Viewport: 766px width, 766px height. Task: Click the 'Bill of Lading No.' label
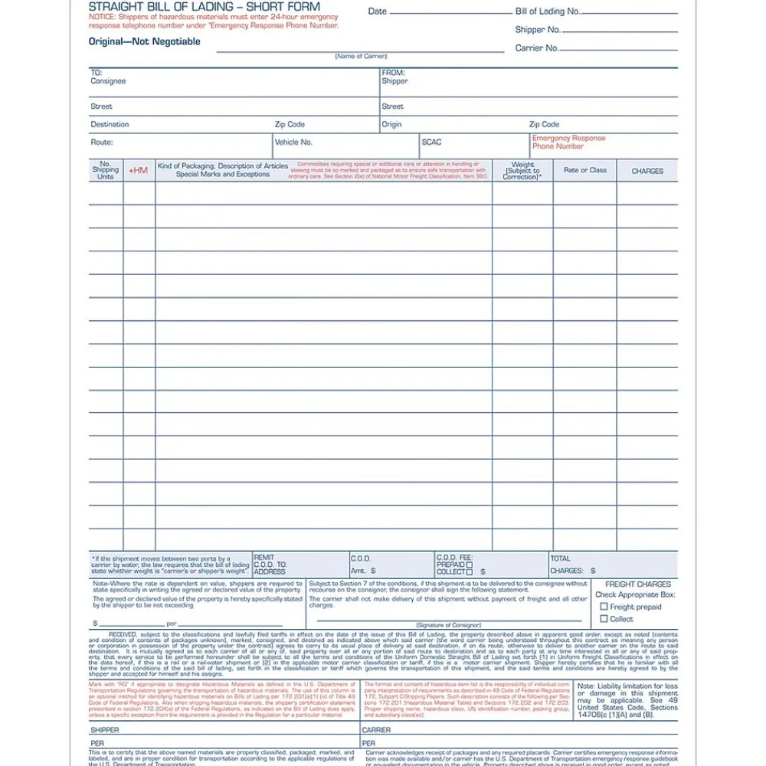pos(548,11)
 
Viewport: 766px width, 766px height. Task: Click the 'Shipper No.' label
pos(538,30)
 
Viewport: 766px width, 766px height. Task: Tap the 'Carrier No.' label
pos(536,48)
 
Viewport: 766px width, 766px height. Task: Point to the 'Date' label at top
pos(378,11)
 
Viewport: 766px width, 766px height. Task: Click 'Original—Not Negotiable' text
pos(145,41)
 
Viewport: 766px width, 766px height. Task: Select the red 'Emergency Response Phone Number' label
pos(568,142)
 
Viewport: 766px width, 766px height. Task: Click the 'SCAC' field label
pos(431,142)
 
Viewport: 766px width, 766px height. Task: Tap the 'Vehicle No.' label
pos(294,142)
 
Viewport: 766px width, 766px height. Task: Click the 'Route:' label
pos(102,142)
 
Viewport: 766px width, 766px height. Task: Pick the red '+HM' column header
pos(139,170)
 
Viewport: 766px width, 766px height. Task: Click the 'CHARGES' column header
pos(647,171)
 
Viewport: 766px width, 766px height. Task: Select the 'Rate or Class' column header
pos(584,170)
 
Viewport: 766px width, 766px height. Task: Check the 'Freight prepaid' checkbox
pos(604,607)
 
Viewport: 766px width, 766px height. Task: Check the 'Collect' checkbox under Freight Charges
pos(604,619)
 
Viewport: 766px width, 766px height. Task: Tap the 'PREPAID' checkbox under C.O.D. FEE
pos(470,565)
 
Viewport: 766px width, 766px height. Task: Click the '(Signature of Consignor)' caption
pos(448,626)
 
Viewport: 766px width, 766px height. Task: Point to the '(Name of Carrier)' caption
pos(361,57)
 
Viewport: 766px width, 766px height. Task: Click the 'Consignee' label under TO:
pos(108,81)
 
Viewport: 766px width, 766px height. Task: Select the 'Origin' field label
pos(391,125)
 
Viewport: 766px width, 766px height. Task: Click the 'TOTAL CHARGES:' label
pos(567,565)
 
